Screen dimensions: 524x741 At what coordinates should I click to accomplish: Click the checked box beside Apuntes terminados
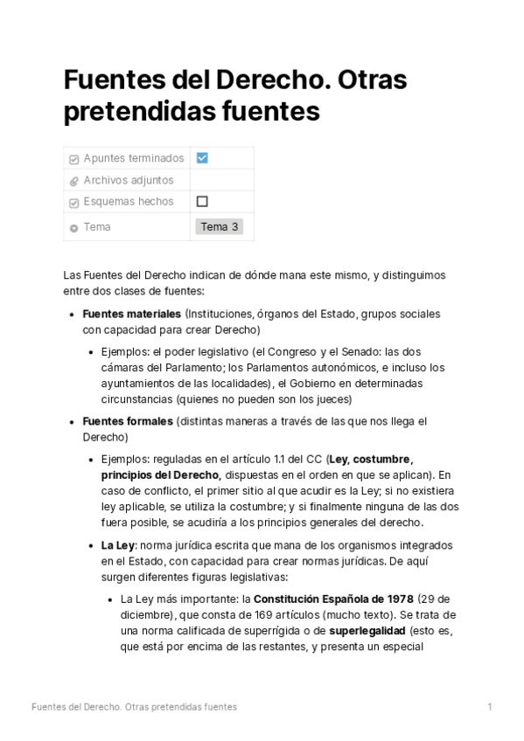202,158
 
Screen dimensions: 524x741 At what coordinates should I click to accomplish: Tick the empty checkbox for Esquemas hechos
202,201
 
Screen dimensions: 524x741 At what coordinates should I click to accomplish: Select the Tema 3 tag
219,227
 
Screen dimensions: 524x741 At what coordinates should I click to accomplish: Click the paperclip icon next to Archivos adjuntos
73,181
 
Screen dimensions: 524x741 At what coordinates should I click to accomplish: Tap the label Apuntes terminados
134,158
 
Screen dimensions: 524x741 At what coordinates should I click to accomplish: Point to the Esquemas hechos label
129,201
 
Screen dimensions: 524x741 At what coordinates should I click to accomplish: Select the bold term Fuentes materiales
132,314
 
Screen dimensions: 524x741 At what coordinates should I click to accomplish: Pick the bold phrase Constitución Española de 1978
333,599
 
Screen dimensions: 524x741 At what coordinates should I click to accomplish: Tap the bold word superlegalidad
367,631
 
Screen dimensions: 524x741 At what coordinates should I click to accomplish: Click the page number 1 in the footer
490,706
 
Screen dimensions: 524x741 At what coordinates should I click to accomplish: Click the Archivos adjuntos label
129,180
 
